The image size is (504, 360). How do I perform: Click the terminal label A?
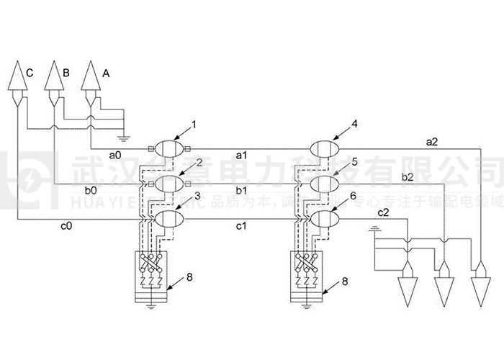pyautogui.click(x=106, y=72)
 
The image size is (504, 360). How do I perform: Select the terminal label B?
pyautogui.click(x=66, y=72)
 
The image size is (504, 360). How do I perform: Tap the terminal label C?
pyautogui.click(x=29, y=72)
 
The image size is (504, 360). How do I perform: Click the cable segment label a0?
pyautogui.click(x=114, y=155)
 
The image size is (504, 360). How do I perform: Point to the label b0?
pyautogui.click(x=91, y=191)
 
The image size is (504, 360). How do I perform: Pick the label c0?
pyautogui.click(x=66, y=225)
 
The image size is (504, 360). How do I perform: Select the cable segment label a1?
pyautogui.click(x=242, y=155)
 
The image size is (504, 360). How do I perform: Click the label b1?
pyautogui.click(x=242, y=191)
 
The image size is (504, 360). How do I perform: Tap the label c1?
pyautogui.click(x=242, y=225)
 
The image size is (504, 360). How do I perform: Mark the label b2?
pyautogui.click(x=407, y=176)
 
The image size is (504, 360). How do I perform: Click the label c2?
pyautogui.click(x=383, y=212)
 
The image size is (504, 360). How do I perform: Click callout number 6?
pyautogui.click(x=353, y=196)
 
